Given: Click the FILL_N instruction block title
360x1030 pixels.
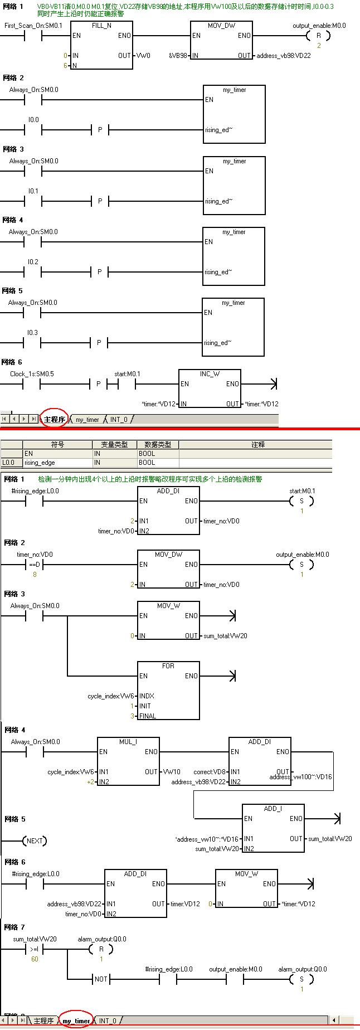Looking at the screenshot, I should coord(102,26).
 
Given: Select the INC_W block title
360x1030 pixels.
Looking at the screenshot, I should coord(210,374).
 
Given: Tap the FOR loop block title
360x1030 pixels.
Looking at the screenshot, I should coord(168,666).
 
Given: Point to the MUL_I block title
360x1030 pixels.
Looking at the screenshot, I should coord(128,742).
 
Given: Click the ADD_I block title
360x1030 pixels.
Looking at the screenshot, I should coord(273,809).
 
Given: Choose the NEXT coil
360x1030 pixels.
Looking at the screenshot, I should coord(35,841).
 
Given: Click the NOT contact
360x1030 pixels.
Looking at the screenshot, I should coord(101,979).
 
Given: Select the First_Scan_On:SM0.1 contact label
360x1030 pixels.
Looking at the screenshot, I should coord(33,26).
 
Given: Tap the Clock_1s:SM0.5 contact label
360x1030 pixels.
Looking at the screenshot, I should coord(32,374).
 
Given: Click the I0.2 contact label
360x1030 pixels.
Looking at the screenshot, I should coord(33,262).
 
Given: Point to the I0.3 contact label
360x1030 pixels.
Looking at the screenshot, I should coord(33,333).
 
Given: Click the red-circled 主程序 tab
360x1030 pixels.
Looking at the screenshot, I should coord(54,419).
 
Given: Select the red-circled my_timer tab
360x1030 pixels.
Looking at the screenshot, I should coord(76,1021).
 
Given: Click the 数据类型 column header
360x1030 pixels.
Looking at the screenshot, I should coord(158,445).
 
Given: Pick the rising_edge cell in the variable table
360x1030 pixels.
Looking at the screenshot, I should coord(40,463).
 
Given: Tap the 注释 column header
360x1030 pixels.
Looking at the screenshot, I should coord(258,445).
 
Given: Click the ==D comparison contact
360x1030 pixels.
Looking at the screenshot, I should coord(35,565).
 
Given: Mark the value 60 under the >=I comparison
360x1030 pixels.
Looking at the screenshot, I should coord(35,959).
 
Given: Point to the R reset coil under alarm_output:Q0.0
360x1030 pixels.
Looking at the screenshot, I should coord(101,949).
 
